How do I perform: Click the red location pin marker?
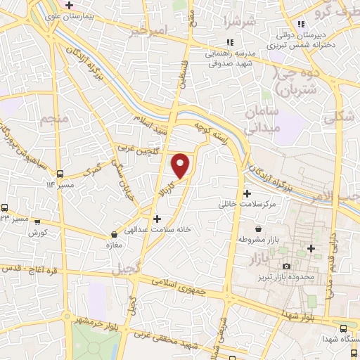181,165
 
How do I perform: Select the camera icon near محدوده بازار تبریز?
285,266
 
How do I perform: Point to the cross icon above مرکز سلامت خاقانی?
246,193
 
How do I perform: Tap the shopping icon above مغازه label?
114,234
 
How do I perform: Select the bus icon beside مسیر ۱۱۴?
60,174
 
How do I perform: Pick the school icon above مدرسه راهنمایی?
229,42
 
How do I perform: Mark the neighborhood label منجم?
53,120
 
